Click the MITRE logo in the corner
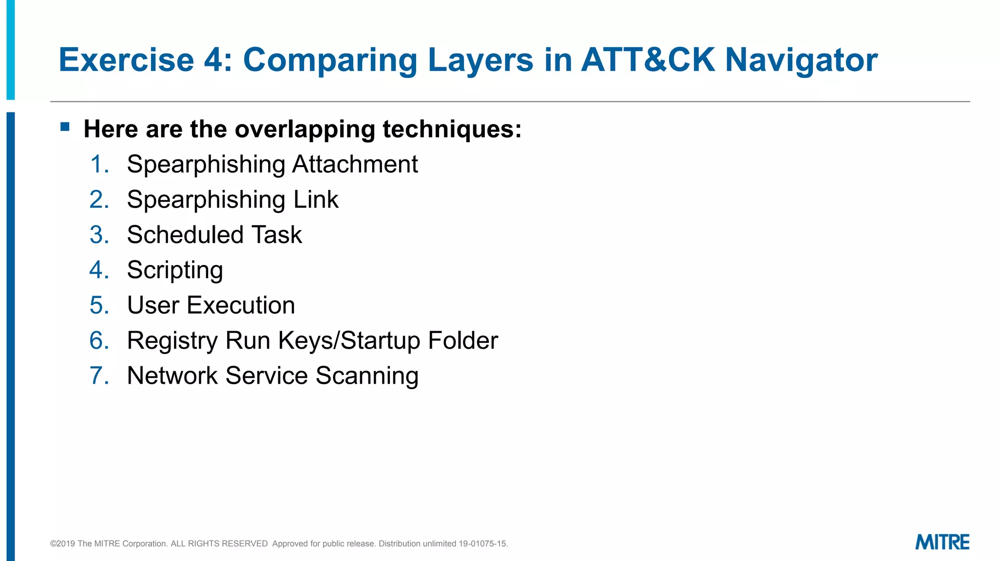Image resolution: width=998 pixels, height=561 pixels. [x=942, y=542]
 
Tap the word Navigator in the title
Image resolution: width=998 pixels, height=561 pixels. [x=801, y=60]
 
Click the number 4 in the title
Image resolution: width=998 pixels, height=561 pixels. [x=213, y=60]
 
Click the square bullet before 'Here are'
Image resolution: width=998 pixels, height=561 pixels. [x=65, y=127]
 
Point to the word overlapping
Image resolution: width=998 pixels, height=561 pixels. [x=305, y=130]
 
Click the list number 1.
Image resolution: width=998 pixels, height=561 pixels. [x=99, y=164]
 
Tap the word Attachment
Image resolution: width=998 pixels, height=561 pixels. [x=355, y=164]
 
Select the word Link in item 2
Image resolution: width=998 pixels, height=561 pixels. [x=315, y=200]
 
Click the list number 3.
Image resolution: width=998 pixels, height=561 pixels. [x=99, y=235]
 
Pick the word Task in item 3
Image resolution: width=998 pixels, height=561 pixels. [x=276, y=235]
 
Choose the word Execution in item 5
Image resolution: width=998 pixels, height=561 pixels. [x=241, y=305]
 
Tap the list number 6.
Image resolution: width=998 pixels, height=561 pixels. [x=99, y=340]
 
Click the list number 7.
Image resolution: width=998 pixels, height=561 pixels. [x=99, y=375]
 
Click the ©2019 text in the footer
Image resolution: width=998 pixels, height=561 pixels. [x=63, y=543]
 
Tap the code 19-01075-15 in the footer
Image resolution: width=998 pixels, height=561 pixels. [x=482, y=543]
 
